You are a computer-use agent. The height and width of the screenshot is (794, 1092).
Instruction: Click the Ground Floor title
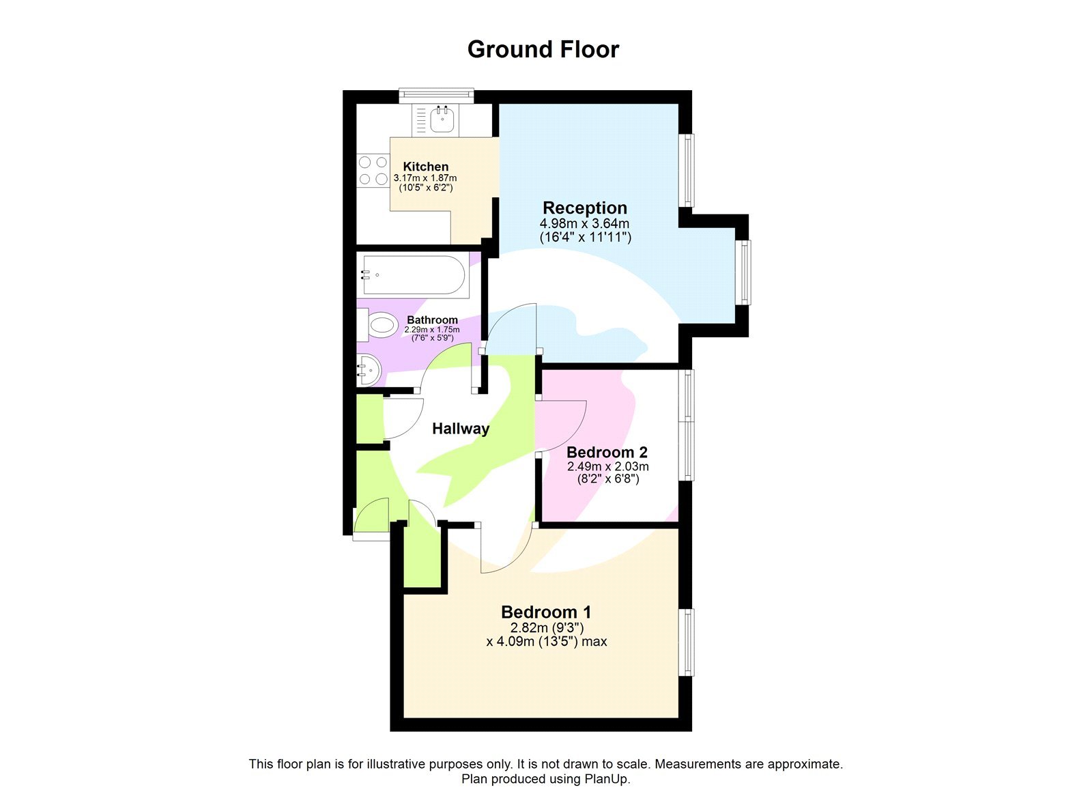point(543,49)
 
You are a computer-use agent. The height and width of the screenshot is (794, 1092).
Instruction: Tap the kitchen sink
point(442,121)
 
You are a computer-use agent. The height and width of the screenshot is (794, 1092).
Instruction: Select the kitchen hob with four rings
point(373,171)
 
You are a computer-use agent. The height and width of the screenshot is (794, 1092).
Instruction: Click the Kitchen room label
point(426,167)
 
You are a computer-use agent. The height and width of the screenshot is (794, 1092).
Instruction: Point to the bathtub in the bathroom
point(414,276)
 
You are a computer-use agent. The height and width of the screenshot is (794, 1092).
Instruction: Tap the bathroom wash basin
point(369,371)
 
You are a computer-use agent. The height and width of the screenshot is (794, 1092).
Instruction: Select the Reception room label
point(585,208)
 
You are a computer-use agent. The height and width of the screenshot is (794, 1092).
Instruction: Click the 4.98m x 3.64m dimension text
point(585,223)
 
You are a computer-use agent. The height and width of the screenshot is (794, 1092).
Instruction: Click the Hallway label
point(461,429)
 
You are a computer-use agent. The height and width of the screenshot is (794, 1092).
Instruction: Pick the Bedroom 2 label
point(607,452)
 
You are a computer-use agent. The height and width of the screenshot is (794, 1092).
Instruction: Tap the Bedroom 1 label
point(546,612)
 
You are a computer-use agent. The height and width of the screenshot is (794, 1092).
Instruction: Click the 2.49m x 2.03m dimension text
point(608,467)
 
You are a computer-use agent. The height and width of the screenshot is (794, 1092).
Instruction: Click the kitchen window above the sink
point(436,95)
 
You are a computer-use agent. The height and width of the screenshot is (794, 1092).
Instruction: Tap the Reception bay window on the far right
point(745,272)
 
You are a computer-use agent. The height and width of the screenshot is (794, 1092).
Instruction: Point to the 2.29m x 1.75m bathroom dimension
point(432,330)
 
